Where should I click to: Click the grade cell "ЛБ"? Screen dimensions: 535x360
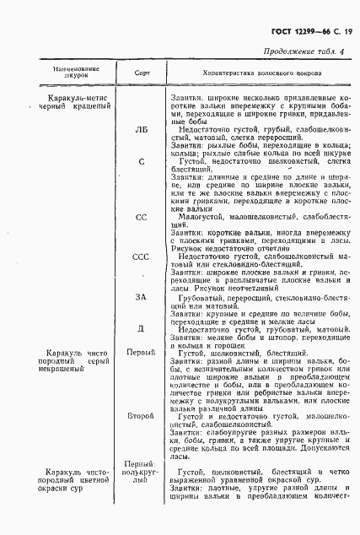click(142, 131)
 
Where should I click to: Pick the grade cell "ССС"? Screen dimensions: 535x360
click(142, 256)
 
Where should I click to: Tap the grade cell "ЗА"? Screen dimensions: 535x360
click(142, 297)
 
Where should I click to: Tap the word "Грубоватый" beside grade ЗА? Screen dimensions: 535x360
click(207, 297)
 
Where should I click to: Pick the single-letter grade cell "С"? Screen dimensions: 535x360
click(142, 160)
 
